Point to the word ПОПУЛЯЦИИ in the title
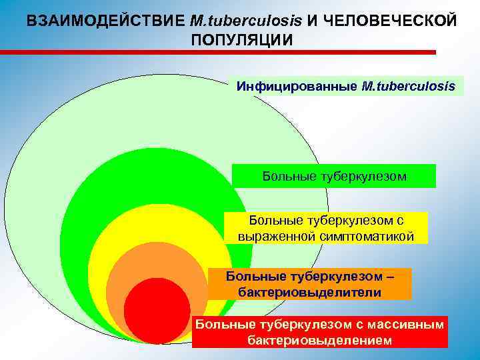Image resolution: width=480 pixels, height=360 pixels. [241, 39]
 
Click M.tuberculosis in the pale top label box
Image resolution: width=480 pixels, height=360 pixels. [409, 86]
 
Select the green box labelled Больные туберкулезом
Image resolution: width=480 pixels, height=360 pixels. [334, 176]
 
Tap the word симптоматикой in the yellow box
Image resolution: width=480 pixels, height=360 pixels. [369, 237]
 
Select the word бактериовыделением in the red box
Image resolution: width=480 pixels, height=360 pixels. [319, 341]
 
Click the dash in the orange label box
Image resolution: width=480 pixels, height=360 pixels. [390, 276]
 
